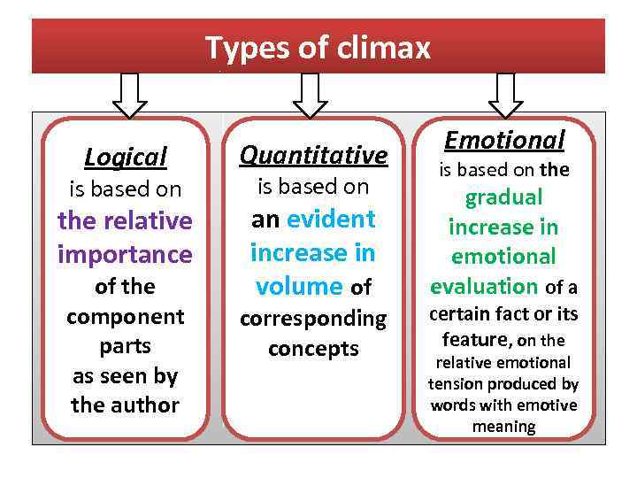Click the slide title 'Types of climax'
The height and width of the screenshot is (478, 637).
(x=318, y=47)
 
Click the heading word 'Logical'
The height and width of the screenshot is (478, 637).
(x=125, y=158)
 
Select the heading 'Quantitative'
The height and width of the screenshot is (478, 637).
(x=313, y=156)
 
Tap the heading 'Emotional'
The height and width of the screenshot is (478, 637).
(x=504, y=140)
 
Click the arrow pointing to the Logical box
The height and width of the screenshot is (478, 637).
(x=130, y=94)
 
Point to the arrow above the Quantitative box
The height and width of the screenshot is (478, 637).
(x=310, y=94)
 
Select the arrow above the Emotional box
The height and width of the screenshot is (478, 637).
(x=505, y=94)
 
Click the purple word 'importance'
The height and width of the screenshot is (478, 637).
(x=125, y=255)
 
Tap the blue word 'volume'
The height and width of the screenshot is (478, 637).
(x=298, y=287)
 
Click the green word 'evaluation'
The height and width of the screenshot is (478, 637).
(x=483, y=286)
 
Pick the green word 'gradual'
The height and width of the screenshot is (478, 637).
(x=503, y=197)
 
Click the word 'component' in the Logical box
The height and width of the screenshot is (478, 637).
(x=125, y=316)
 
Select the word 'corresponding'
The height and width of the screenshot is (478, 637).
(x=313, y=318)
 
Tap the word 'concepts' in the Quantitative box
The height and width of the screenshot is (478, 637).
(x=313, y=349)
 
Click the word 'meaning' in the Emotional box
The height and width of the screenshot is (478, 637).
(x=503, y=427)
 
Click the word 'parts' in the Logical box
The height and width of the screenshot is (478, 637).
(x=125, y=346)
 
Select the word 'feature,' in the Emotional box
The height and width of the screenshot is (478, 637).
(x=477, y=339)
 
